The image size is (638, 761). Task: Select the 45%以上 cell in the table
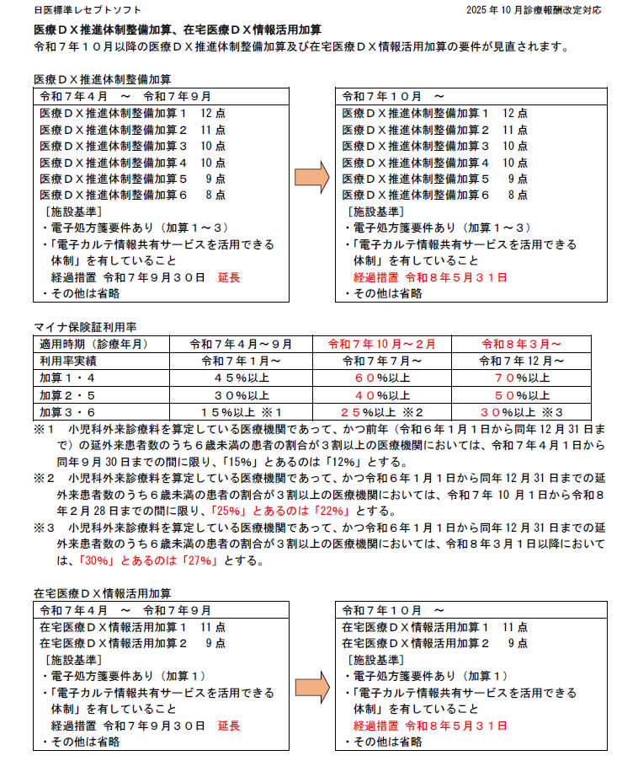[x=242, y=378]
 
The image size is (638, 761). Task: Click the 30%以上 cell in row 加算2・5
[x=242, y=394]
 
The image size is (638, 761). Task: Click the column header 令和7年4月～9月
[x=242, y=344]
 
